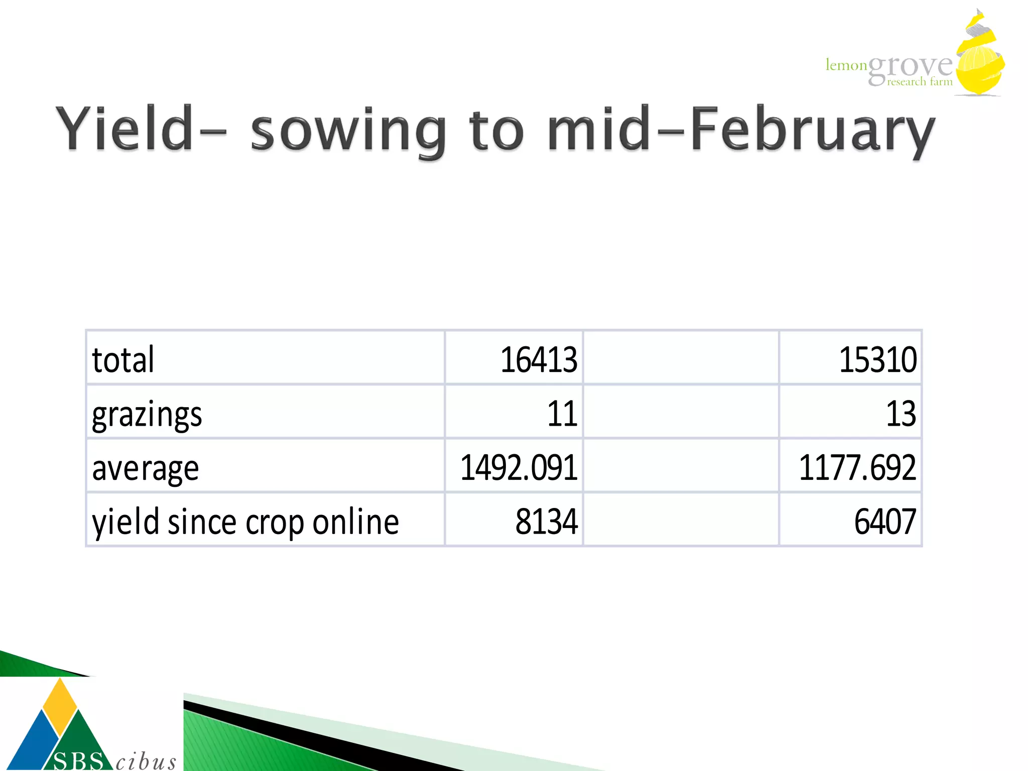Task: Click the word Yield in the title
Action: [x=124, y=129]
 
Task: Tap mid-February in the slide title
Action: [x=740, y=129]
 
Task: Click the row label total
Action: [x=123, y=360]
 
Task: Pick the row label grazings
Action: [x=147, y=415]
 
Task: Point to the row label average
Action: [x=146, y=468]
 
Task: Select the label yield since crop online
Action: [x=245, y=523]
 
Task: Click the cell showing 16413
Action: [x=538, y=360]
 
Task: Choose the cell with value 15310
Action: [x=877, y=360]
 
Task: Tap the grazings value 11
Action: [x=562, y=415]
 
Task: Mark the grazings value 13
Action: [x=901, y=415]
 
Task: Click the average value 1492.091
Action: [x=519, y=468]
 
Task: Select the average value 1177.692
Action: [x=857, y=468]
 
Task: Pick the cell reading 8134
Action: [x=546, y=523]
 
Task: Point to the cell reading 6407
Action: [x=884, y=523]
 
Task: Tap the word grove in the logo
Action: [x=910, y=67]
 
